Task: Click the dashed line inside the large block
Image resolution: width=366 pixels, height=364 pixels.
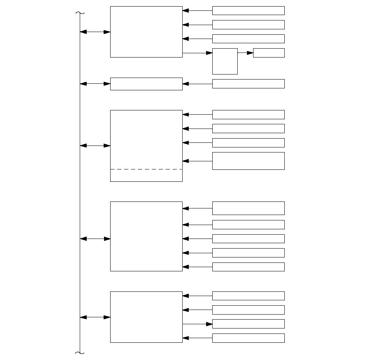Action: [x=146, y=169]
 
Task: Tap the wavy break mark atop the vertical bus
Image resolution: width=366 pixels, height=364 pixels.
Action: [x=80, y=13]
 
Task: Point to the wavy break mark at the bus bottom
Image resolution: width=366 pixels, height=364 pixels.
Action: [x=80, y=352]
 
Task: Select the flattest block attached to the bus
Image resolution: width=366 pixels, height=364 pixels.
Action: [x=146, y=84]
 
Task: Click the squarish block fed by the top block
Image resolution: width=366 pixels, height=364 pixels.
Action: [x=225, y=61]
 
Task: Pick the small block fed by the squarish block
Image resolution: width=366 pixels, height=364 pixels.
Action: [x=269, y=53]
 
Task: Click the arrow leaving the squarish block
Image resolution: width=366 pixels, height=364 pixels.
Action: [x=245, y=53]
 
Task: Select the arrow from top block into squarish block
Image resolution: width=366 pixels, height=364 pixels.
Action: [x=197, y=53]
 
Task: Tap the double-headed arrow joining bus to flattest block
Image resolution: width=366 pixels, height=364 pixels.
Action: [x=95, y=84]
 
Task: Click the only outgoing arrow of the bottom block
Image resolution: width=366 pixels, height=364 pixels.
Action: [x=197, y=324]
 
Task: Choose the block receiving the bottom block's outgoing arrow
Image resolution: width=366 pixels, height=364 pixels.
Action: [x=248, y=324]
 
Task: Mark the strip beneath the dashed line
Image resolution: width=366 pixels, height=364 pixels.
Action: [x=146, y=175]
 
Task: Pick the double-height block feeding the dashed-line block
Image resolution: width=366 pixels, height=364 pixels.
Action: [x=248, y=161]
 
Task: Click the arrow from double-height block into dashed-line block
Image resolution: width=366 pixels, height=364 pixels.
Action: [x=197, y=161]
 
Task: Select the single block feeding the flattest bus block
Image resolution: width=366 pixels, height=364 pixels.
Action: [x=248, y=84]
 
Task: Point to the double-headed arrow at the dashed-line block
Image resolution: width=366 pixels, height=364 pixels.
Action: [x=95, y=146]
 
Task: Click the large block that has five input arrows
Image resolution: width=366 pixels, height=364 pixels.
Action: [x=146, y=236]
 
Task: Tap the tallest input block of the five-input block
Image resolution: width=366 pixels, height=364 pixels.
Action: [x=248, y=208]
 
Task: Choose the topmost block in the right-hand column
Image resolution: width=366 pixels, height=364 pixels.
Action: [x=248, y=10]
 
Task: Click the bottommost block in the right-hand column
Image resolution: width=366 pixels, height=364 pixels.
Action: [x=248, y=338]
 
